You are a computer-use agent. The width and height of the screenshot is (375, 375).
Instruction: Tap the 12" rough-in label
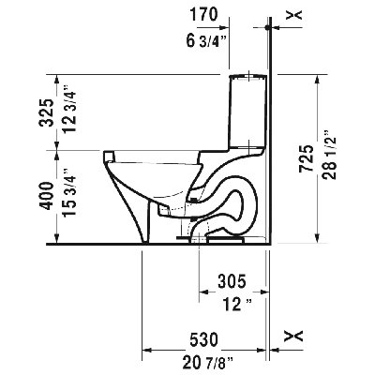coord(231,304)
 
